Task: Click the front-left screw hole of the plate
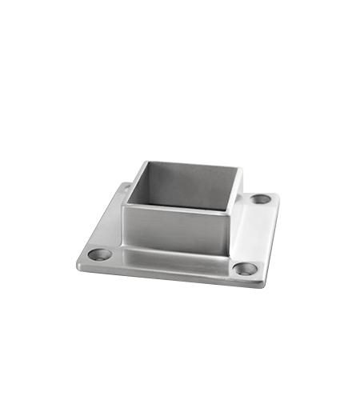coord(101,255)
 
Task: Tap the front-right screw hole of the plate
coord(246,269)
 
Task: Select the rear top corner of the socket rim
coord(144,162)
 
